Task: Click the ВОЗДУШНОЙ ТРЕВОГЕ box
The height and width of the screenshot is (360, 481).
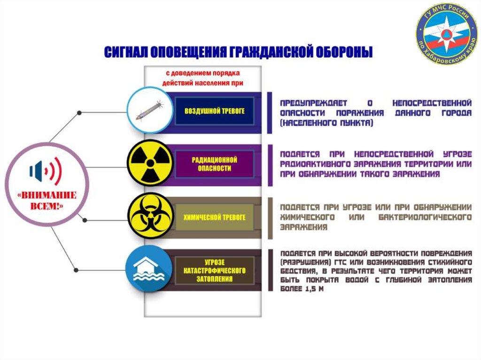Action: pos(215,111)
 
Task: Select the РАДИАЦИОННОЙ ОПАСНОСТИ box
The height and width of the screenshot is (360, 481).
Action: pos(215,163)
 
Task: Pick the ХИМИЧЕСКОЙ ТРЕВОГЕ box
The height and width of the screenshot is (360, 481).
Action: pos(215,217)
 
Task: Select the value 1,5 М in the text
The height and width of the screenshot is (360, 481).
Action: pos(314,290)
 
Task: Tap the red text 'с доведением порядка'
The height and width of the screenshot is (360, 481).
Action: pos(202,73)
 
